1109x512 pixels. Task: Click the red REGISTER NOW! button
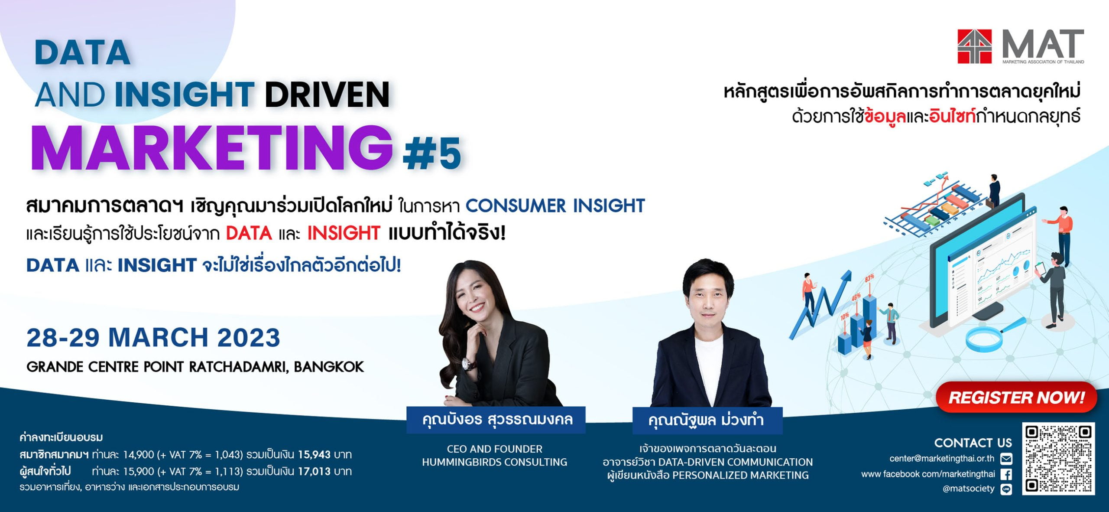(x=1016, y=397)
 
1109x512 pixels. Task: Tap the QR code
(x=1058, y=459)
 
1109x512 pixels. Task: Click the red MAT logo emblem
(x=974, y=46)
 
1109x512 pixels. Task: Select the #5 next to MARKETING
(x=431, y=153)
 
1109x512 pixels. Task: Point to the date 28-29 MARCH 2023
(x=153, y=337)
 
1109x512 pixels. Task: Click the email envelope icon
(x=1006, y=458)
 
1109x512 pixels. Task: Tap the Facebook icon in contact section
(x=1006, y=474)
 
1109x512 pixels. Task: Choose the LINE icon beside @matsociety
(x=1006, y=489)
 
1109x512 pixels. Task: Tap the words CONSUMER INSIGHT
(x=555, y=205)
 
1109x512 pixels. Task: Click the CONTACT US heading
(x=973, y=443)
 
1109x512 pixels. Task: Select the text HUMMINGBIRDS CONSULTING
(x=494, y=462)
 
